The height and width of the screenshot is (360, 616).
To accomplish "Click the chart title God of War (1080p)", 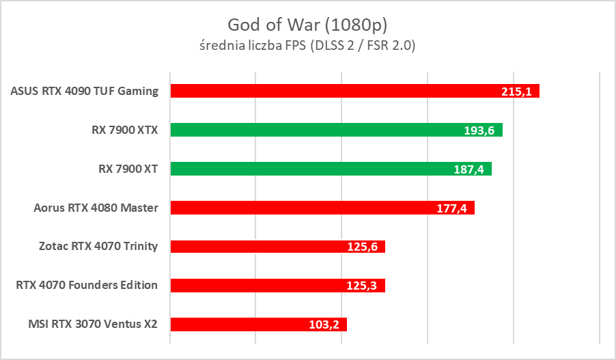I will click(x=307, y=25).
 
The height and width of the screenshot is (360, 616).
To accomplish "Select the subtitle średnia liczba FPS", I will click(x=307, y=46).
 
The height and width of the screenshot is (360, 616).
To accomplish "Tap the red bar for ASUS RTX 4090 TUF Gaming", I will click(x=328, y=91).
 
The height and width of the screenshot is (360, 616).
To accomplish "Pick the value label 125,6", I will click(x=362, y=247).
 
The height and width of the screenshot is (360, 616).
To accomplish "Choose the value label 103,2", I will click(x=324, y=325).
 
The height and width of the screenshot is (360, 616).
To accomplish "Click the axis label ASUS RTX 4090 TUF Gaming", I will click(x=85, y=91).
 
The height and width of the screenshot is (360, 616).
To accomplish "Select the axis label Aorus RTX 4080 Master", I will click(x=96, y=208).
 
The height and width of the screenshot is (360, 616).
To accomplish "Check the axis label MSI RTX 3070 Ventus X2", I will click(x=89, y=324).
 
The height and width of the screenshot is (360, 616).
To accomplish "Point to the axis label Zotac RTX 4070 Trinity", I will click(x=98, y=247).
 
